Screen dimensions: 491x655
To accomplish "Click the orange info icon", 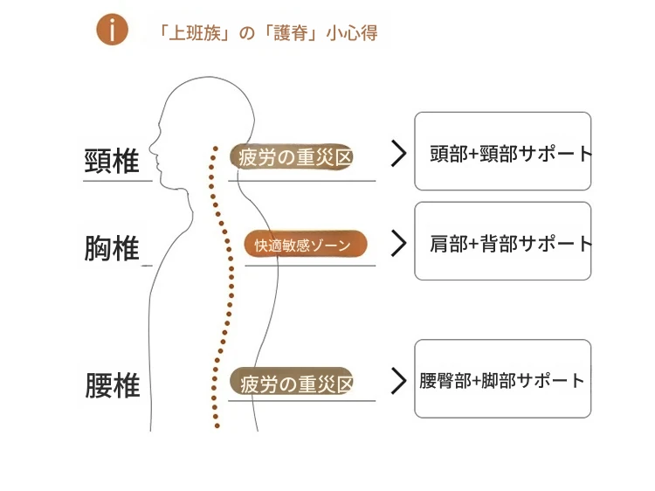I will (112, 31).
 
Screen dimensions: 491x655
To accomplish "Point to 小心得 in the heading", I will (353, 33).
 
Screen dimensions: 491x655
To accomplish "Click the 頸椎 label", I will (112, 161).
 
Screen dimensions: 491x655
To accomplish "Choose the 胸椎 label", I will (112, 248).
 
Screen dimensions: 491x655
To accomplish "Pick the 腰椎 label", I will (112, 385).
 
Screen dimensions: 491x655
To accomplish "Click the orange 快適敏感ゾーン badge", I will (305, 245).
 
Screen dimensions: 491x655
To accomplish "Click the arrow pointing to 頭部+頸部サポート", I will (398, 153).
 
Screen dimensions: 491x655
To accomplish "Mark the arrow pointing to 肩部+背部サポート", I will (398, 243).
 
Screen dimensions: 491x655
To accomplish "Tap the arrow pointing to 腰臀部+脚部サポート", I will (398, 380).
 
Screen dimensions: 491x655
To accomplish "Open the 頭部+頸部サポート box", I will (502, 151).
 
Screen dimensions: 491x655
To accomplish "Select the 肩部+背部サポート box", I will (502, 241).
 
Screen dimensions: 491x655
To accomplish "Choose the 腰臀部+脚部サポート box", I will (502, 378).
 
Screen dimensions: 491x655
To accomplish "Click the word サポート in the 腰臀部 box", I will (552, 381).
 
